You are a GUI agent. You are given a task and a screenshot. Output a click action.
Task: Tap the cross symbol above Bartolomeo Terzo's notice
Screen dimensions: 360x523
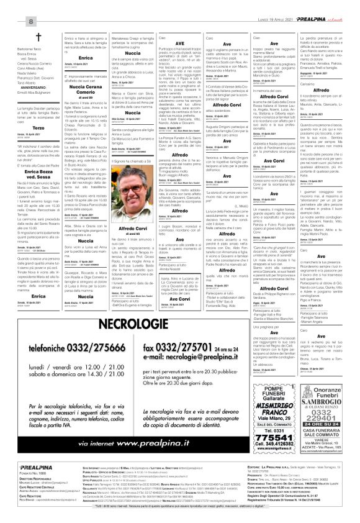click(38, 37)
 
